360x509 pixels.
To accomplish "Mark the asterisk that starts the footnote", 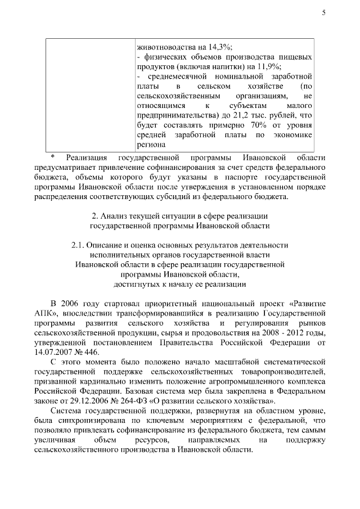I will (x=52, y=157).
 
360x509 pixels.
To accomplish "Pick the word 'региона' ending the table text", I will (x=151, y=145).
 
